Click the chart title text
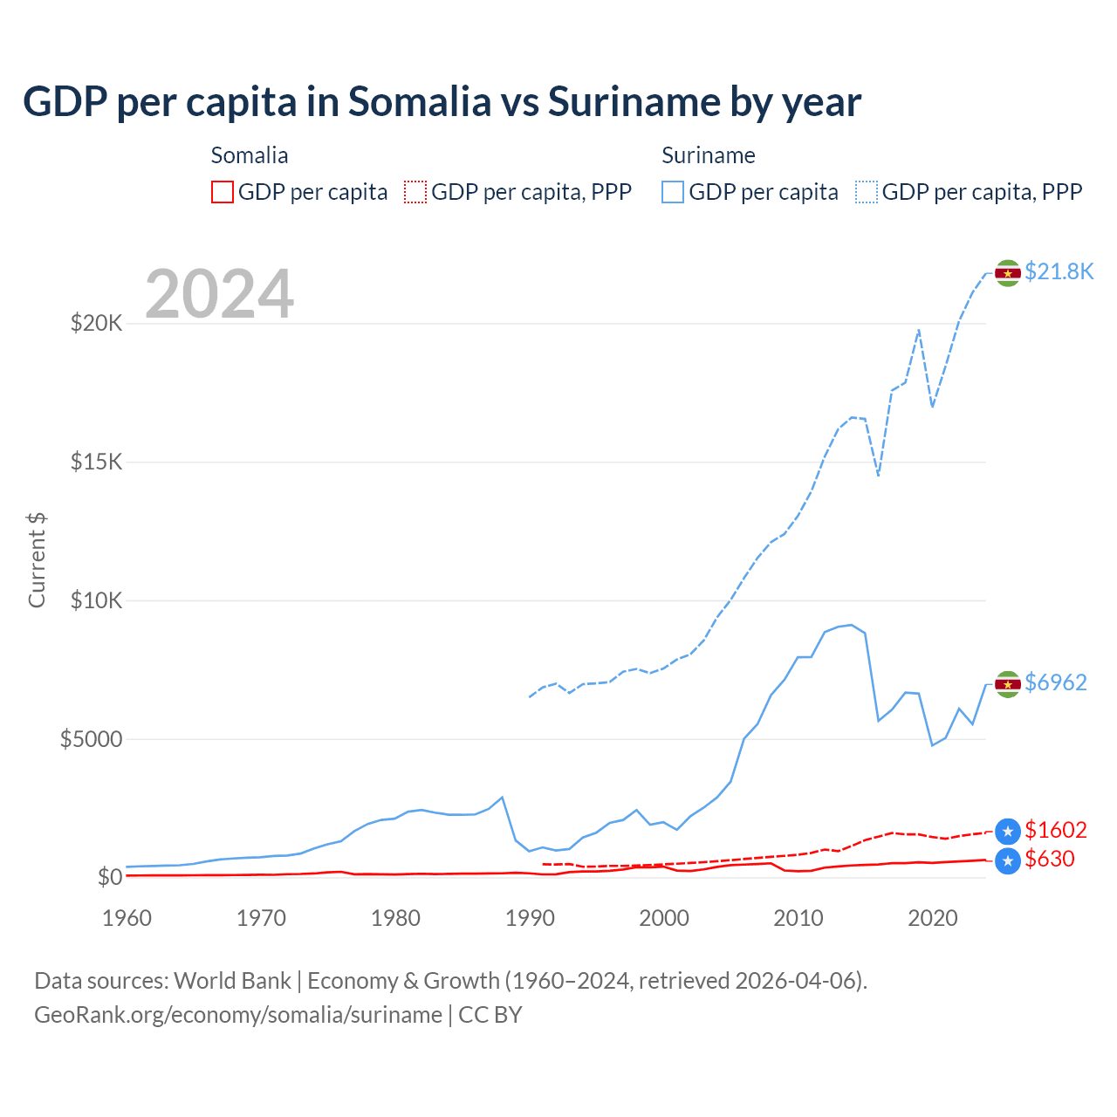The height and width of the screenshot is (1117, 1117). pos(442,102)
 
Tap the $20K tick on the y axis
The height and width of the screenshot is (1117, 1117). pos(97,324)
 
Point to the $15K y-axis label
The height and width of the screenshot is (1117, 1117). pos(97,462)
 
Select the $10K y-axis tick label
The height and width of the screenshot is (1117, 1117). pos(97,600)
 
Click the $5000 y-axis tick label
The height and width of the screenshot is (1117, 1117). pos(91,739)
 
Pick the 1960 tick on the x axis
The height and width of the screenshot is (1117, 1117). pos(127,918)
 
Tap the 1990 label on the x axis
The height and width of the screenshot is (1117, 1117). pos(530,918)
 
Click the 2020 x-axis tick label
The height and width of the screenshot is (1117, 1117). pos(933,918)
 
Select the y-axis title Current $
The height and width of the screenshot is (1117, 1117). pos(37,559)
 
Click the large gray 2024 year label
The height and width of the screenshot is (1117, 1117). pos(219,294)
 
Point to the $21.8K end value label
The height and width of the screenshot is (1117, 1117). pos(1059,271)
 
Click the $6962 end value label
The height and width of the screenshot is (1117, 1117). pos(1056,682)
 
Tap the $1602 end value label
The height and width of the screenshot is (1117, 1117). pos(1056,830)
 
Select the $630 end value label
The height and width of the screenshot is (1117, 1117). pos(1050,859)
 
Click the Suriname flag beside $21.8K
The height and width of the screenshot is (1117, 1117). pos(1008,273)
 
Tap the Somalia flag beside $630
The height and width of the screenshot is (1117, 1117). pos(1008,861)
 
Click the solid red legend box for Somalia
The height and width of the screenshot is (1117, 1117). pos(223,192)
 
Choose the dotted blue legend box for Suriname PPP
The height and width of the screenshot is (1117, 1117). pos(867,192)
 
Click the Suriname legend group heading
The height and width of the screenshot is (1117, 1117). pos(708,155)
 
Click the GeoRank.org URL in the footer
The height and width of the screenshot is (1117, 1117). pos(238,1015)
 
